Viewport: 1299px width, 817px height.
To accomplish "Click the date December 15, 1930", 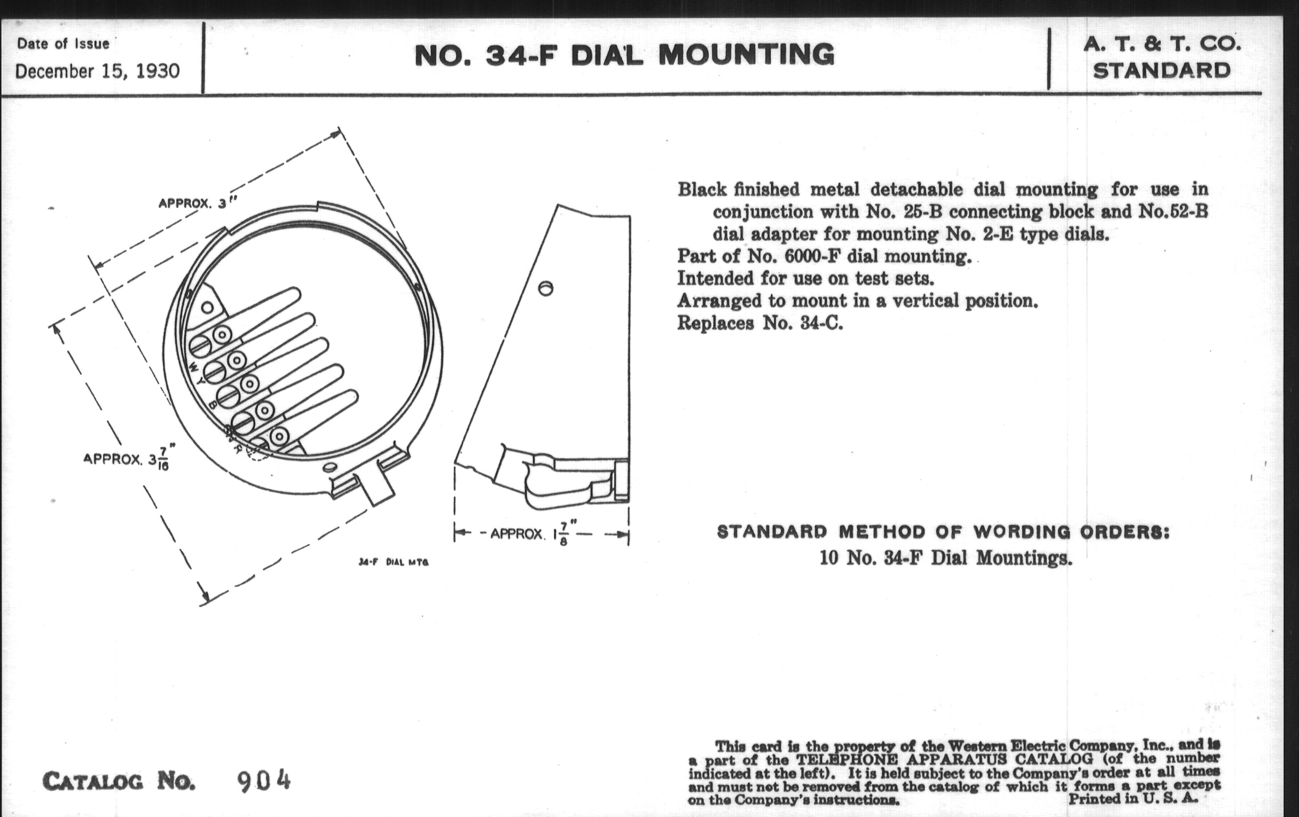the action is click(x=98, y=71).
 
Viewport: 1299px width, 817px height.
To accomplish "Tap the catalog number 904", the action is click(x=264, y=781).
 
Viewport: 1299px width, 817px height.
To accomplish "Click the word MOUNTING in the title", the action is click(x=746, y=55).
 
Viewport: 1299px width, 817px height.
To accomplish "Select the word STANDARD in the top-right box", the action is click(x=1162, y=70).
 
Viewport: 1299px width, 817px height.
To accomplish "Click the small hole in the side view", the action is click(x=546, y=288).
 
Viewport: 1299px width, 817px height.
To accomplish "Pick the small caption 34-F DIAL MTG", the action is click(x=394, y=562).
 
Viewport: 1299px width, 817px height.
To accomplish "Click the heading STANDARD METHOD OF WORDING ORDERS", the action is click(x=943, y=532).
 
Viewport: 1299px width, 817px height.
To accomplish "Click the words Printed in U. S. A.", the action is click(x=1133, y=799).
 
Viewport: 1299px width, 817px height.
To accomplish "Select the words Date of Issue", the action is click(x=63, y=44).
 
